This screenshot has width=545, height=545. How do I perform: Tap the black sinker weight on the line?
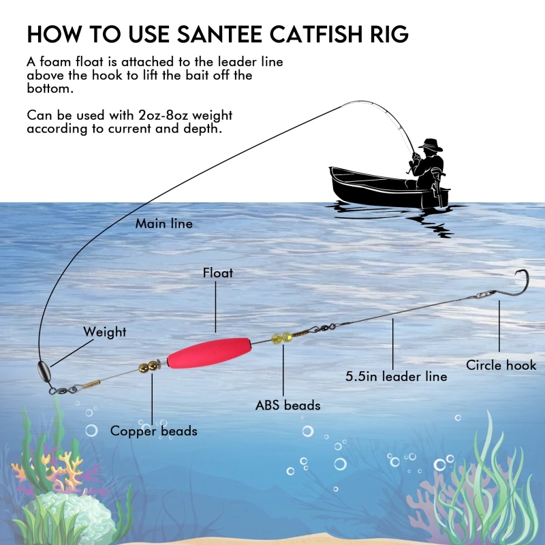tap(44, 374)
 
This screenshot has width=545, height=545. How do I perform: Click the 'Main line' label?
tap(163, 223)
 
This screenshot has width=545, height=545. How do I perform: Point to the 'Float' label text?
tap(217, 273)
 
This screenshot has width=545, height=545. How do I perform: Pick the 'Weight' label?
tap(104, 332)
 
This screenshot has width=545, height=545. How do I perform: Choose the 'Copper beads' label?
tap(153, 431)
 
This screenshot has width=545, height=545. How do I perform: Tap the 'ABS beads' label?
tap(287, 405)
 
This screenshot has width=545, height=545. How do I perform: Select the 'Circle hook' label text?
tap(501, 366)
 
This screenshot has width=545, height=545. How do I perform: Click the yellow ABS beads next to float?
tap(281, 337)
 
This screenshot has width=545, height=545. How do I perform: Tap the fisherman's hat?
tap(431, 145)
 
